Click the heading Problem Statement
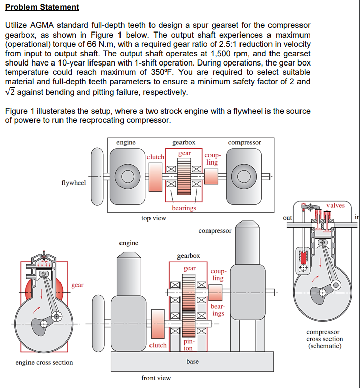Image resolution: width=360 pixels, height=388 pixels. click(x=42, y=7)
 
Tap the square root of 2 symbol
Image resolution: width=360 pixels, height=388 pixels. click(x=10, y=92)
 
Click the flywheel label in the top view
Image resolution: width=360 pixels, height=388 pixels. click(x=74, y=183)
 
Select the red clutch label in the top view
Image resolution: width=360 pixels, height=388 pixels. click(x=156, y=157)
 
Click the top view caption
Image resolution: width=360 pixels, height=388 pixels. click(x=154, y=218)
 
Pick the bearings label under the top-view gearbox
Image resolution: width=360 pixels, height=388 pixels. click(x=184, y=208)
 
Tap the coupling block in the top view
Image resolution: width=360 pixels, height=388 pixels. click(x=212, y=176)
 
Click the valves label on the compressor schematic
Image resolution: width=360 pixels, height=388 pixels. click(x=336, y=205)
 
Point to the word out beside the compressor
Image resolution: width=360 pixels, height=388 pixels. click(x=287, y=218)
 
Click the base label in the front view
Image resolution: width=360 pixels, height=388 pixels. click(x=193, y=361)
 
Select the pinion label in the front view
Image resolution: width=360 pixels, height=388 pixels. click(x=189, y=345)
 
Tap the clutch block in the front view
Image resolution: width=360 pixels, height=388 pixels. click(x=158, y=324)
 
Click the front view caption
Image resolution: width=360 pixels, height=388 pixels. click(x=156, y=378)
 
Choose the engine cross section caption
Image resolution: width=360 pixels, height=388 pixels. click(x=44, y=362)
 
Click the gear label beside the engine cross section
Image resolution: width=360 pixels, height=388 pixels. click(x=78, y=285)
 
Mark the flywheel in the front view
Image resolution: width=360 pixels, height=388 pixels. click(x=98, y=323)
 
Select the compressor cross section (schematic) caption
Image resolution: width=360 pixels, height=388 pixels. click(x=324, y=339)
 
